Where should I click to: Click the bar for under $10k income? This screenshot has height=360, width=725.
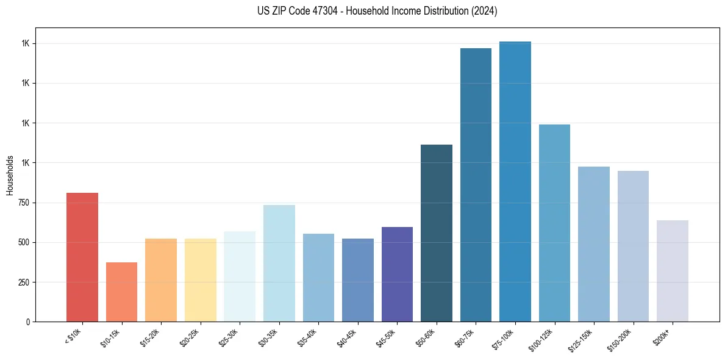pos(82,257)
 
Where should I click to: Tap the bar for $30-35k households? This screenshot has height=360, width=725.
pos(279,263)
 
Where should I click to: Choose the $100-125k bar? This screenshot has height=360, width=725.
pos(554,223)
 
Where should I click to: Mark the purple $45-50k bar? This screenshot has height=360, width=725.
pos(397,274)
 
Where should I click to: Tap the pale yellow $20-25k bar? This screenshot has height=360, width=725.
pos(200,280)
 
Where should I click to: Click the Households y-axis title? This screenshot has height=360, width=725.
pos(10,175)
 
